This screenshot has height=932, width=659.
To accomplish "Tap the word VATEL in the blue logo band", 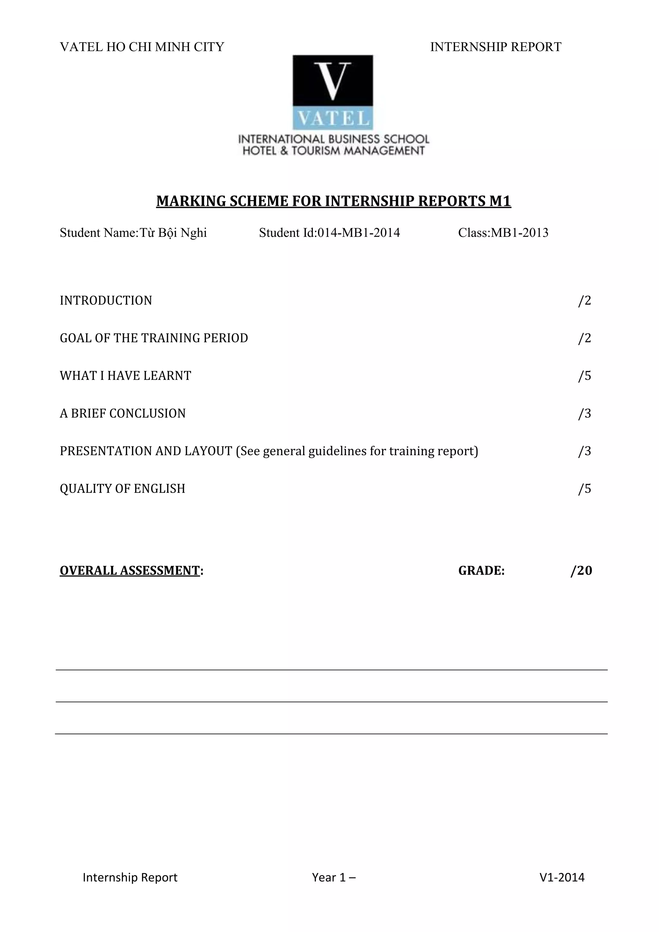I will pos(333,118).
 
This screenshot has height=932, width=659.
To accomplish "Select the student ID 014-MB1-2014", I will pos(358,233).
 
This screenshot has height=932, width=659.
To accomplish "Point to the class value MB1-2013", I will pos(519,233).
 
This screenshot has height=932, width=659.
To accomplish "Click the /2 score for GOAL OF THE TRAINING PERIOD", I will pos(584,338).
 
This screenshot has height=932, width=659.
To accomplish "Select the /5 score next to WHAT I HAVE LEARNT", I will pos(584,376).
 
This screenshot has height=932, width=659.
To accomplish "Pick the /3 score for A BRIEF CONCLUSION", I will pos(584,414).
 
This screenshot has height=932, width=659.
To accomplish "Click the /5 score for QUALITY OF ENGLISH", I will pos(584,489).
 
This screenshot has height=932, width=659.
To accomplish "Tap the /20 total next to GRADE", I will pos(581,571).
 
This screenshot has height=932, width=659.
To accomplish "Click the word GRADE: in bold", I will pos(481,571).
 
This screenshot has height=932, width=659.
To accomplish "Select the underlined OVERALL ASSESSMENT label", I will pos(130,571).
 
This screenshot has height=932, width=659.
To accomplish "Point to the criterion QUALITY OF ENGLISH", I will pos(123,489).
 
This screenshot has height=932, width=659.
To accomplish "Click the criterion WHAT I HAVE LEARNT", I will pos(125,376).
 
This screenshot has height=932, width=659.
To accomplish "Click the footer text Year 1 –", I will pos(334,878).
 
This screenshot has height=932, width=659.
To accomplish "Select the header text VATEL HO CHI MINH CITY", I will pos(142,47).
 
